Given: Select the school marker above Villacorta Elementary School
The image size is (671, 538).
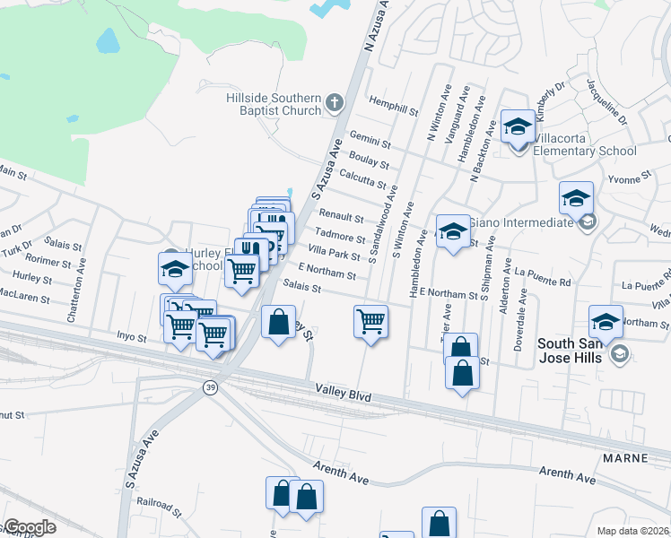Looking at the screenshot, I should tap(518, 127).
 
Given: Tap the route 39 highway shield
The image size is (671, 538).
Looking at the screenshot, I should tap(207, 387).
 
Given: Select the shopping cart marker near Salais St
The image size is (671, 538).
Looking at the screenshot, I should tap(370, 320).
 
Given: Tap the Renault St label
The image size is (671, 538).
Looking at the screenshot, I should tap(342, 218).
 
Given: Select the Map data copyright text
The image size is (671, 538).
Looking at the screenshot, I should tap(633, 530).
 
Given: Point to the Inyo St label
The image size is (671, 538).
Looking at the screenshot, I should tap(131, 337).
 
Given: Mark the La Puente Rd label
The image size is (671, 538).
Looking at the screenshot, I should tap(543, 282).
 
